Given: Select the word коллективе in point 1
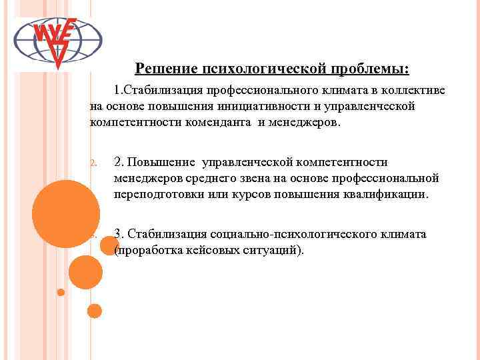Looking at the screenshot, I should tap(415, 89).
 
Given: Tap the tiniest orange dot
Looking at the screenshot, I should tap(61, 292).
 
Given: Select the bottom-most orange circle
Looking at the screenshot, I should tap(95, 311).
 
